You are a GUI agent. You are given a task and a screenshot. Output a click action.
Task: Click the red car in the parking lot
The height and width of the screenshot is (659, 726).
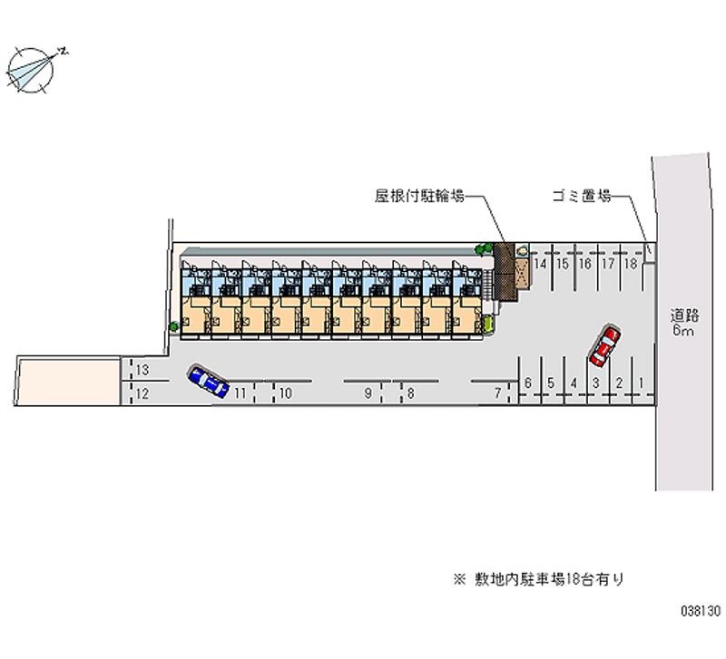pyautogui.click(x=604, y=346)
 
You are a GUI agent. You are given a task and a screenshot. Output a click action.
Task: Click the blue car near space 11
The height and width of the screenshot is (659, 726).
pyautogui.click(x=209, y=381)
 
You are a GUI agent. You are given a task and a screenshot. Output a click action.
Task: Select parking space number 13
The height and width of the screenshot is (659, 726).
pyautogui.click(x=142, y=370)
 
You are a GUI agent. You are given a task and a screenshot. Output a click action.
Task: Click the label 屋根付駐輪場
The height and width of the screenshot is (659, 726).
pyautogui.click(x=419, y=196)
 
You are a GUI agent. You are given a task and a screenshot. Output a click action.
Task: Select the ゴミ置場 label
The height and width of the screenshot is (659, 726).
pyautogui.click(x=582, y=196)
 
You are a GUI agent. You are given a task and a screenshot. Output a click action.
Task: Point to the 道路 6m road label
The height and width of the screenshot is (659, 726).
pyautogui.click(x=684, y=323)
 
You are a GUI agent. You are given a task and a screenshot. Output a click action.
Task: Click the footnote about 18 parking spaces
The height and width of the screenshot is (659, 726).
pyautogui.click(x=539, y=579)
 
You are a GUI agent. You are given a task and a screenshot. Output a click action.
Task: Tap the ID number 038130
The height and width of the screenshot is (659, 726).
pyautogui.click(x=701, y=611)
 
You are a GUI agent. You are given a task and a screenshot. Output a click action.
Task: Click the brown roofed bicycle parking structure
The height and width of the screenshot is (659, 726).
pyautogui.click(x=504, y=272)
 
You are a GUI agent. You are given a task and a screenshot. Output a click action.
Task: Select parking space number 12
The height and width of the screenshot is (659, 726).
pyautogui.click(x=142, y=393)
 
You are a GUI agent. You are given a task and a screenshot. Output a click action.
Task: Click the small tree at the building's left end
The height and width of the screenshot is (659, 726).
pyautogui.click(x=173, y=326)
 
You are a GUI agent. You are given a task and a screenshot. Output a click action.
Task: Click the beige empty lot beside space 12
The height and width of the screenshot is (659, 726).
pyautogui.click(x=68, y=382)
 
